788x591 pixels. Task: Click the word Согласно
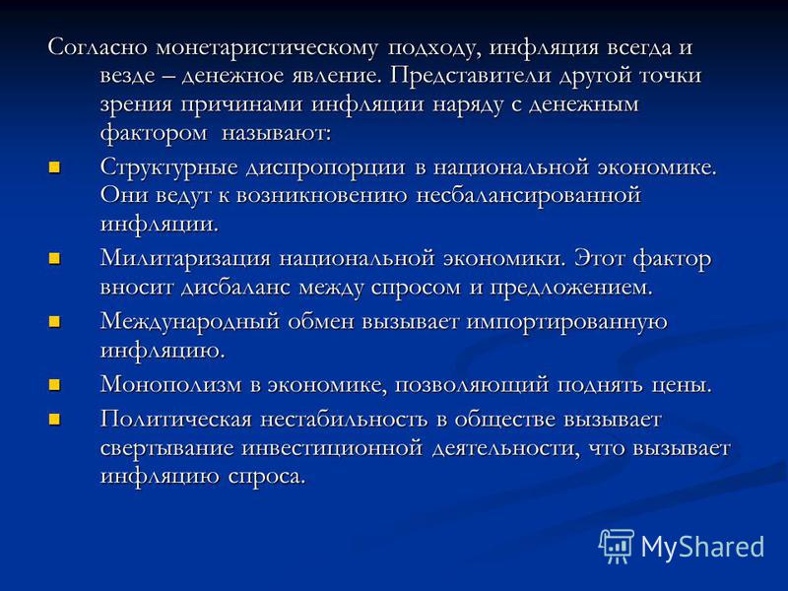[98, 46]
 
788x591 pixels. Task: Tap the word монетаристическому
[267, 48]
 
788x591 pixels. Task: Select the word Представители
[470, 77]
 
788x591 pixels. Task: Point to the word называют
[277, 133]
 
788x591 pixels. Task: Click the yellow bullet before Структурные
[54, 166]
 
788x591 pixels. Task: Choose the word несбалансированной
[529, 195]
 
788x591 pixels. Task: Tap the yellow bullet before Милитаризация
[54, 259]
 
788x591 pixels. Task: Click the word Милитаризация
[186, 260]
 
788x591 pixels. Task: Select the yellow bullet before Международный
[54, 322]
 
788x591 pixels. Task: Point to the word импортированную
[567, 323]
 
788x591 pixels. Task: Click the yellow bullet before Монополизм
[54, 385]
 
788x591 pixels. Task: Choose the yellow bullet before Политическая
[54, 420]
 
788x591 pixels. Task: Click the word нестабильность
[343, 420]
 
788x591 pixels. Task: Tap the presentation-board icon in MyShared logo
[617, 546]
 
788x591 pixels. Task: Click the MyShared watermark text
[702, 547]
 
